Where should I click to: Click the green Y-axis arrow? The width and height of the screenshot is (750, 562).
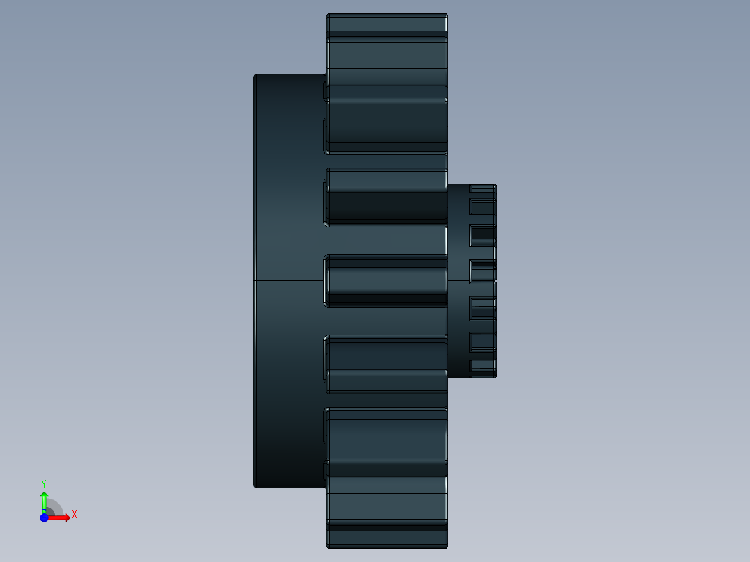pos(44,499)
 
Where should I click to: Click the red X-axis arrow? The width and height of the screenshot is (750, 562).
pos(61,517)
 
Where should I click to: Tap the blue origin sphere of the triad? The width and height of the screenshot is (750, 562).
pos(44,517)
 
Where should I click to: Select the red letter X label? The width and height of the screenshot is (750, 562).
pos(74,515)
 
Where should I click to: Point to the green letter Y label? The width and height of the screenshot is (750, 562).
pos(44,483)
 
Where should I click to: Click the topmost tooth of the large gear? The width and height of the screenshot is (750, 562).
pos(387,24)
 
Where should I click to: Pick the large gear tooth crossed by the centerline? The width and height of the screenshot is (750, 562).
pos(387,280)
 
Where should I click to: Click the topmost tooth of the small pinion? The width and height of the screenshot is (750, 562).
pos(483,188)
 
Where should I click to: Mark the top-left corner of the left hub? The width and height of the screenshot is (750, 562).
pos(255,75)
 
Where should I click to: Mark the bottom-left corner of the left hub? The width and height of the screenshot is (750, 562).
pos(255,486)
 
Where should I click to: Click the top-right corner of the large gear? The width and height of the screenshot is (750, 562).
pos(447,15)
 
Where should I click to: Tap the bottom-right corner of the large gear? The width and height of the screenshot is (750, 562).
pos(447,547)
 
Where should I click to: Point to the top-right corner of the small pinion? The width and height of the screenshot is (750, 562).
pos(495,185)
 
